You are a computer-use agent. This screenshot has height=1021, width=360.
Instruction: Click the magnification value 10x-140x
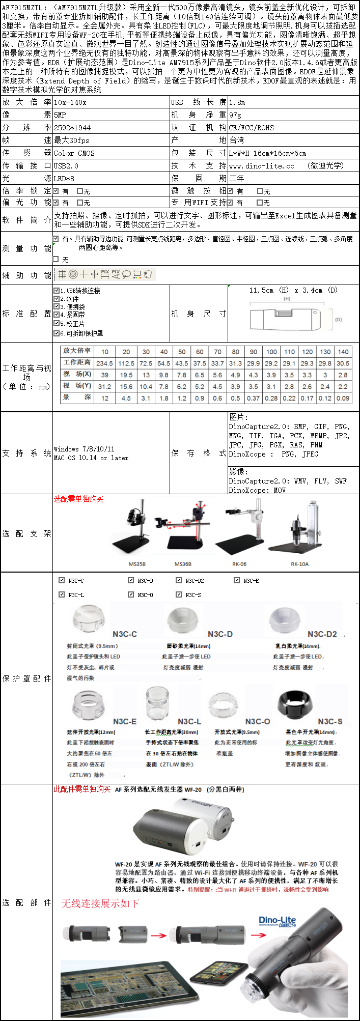pos(70,102)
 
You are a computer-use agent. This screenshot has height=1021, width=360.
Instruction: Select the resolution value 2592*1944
pos(72,128)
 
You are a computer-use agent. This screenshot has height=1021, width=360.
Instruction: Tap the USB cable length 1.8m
pos(237,102)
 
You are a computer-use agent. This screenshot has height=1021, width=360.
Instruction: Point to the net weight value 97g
pos(235,115)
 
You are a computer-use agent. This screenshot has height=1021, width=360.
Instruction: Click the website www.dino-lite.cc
pos(261,166)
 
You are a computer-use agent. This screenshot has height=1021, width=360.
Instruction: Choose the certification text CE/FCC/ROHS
pos(252,128)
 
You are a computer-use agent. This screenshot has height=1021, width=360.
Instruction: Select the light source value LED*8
pos(64,179)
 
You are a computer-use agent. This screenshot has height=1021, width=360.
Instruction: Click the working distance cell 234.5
pos(104,363)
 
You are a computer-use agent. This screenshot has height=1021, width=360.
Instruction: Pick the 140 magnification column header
pos(343,352)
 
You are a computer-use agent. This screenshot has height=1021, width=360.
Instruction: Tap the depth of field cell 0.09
pos(343,398)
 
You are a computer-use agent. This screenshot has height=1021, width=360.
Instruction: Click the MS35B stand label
pos(137,564)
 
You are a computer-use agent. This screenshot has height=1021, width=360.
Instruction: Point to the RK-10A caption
pos(299,564)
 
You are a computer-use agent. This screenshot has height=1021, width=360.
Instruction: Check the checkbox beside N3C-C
pos(62,580)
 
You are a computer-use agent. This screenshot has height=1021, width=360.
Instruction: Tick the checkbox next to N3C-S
pos(179,594)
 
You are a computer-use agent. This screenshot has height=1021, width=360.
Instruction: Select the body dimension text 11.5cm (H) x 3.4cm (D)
pos(293,290)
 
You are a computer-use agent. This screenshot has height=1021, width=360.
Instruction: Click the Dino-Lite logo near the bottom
pos(277,921)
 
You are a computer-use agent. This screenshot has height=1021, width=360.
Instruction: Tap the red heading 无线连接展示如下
pos(100,903)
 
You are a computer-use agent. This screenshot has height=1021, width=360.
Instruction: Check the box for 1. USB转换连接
pos(57,291)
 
